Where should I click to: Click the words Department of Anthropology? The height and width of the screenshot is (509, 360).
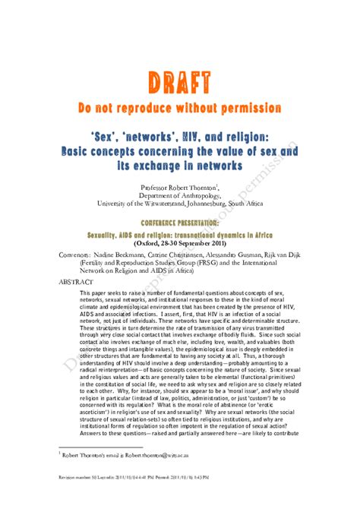[180, 194]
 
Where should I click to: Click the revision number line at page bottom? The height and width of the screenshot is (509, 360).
[122, 499]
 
